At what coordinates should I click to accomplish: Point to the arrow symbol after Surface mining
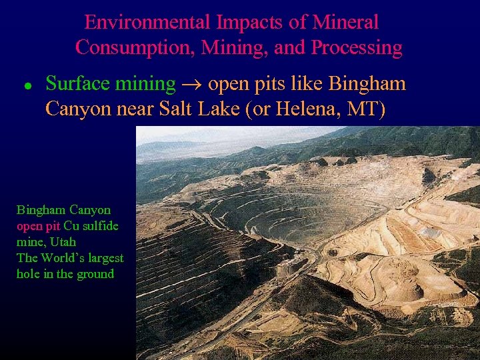click(x=191, y=85)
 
